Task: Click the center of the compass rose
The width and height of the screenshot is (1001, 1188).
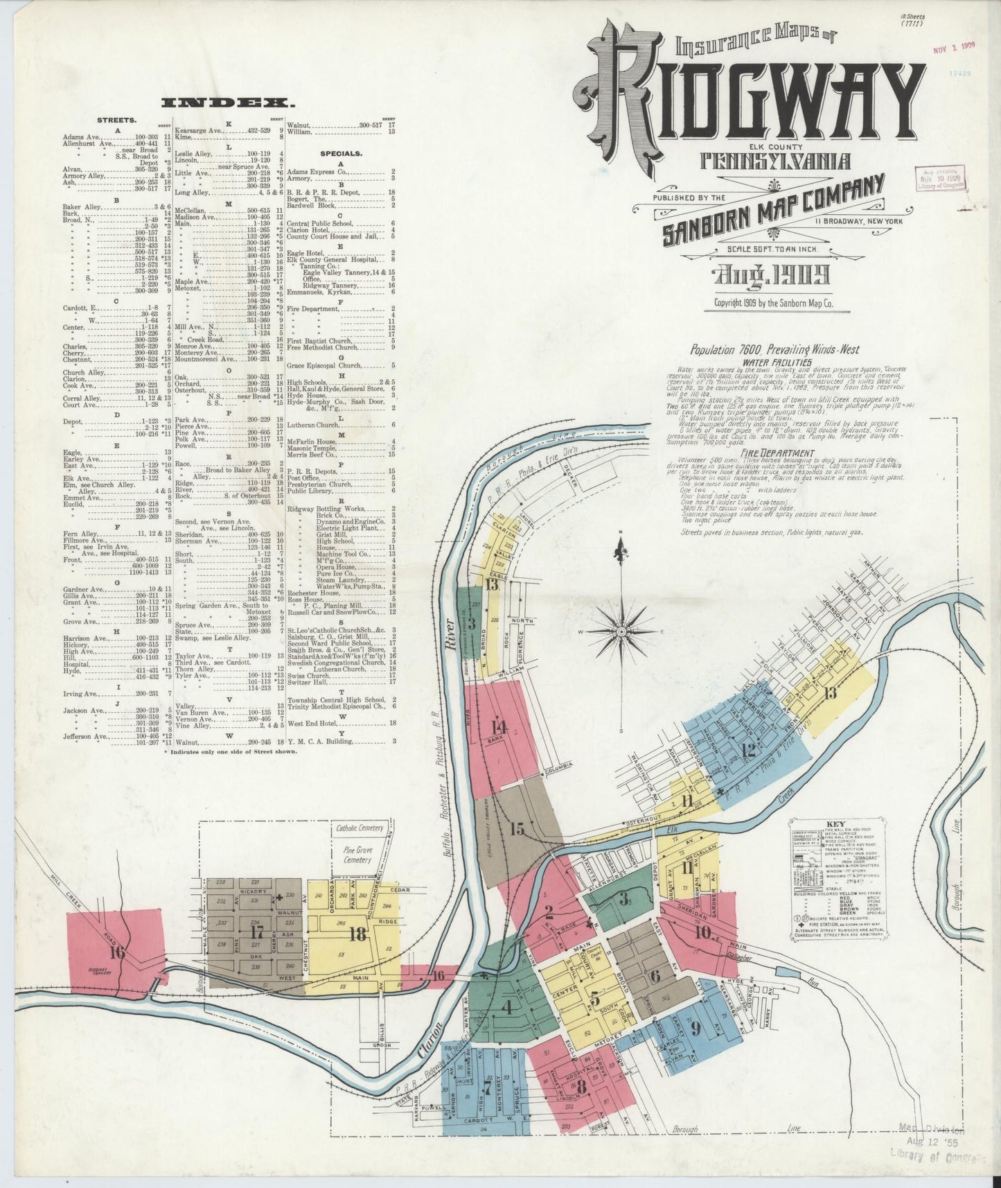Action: [621, 631]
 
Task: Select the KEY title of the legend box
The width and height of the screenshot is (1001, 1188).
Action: [835, 825]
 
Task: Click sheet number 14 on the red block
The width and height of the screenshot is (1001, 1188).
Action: [497, 727]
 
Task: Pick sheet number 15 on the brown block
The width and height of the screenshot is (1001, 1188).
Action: [517, 829]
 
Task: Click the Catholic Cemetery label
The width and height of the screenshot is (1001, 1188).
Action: [360, 828]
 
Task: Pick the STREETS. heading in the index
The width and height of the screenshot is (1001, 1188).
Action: [116, 119]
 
